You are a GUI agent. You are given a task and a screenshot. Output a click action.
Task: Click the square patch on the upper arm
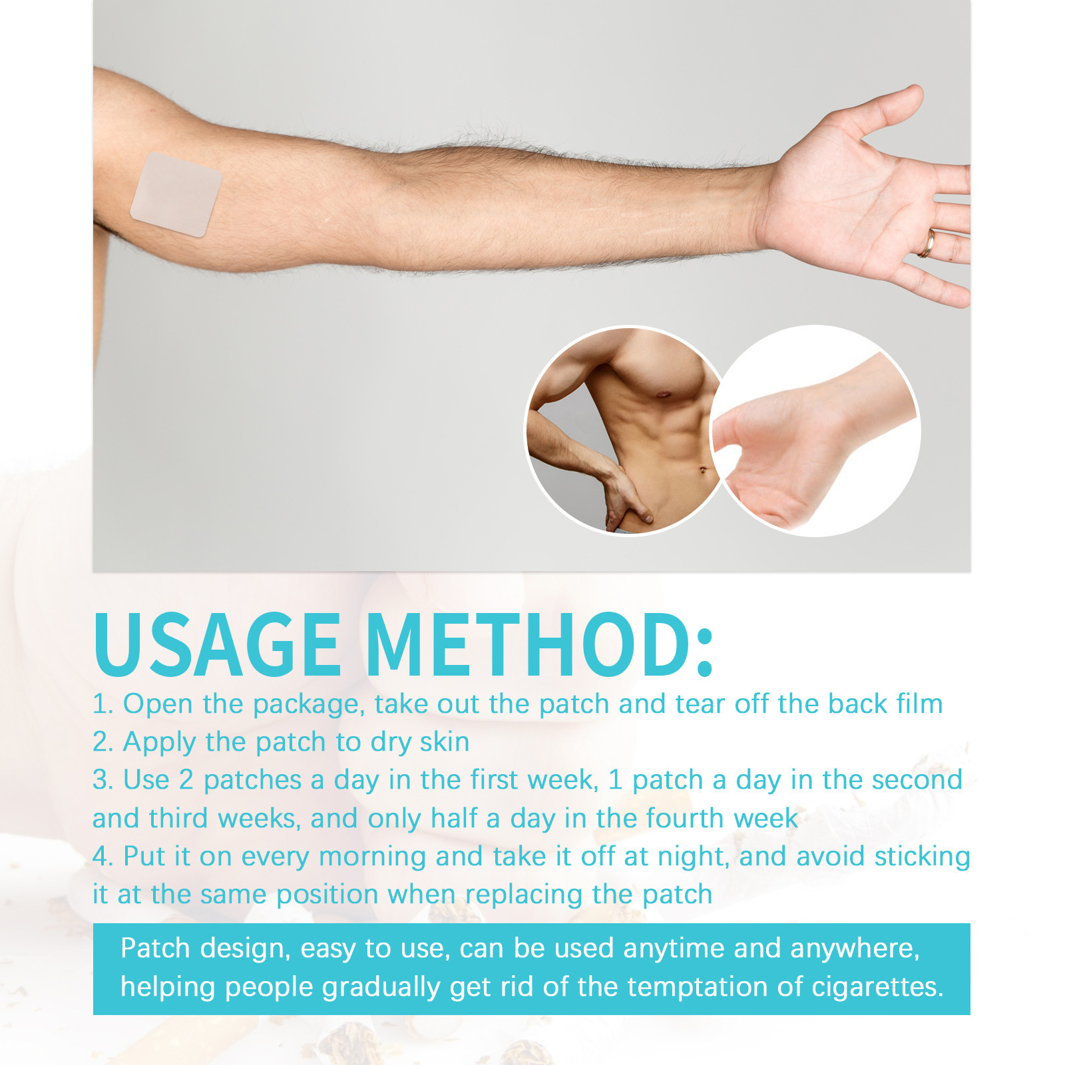176,194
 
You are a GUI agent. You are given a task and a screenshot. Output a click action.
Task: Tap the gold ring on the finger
927,244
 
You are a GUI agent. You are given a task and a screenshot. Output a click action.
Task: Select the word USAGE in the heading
218,644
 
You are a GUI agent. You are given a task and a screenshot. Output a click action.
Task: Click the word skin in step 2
444,742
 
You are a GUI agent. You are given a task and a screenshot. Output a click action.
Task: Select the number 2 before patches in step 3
186,780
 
